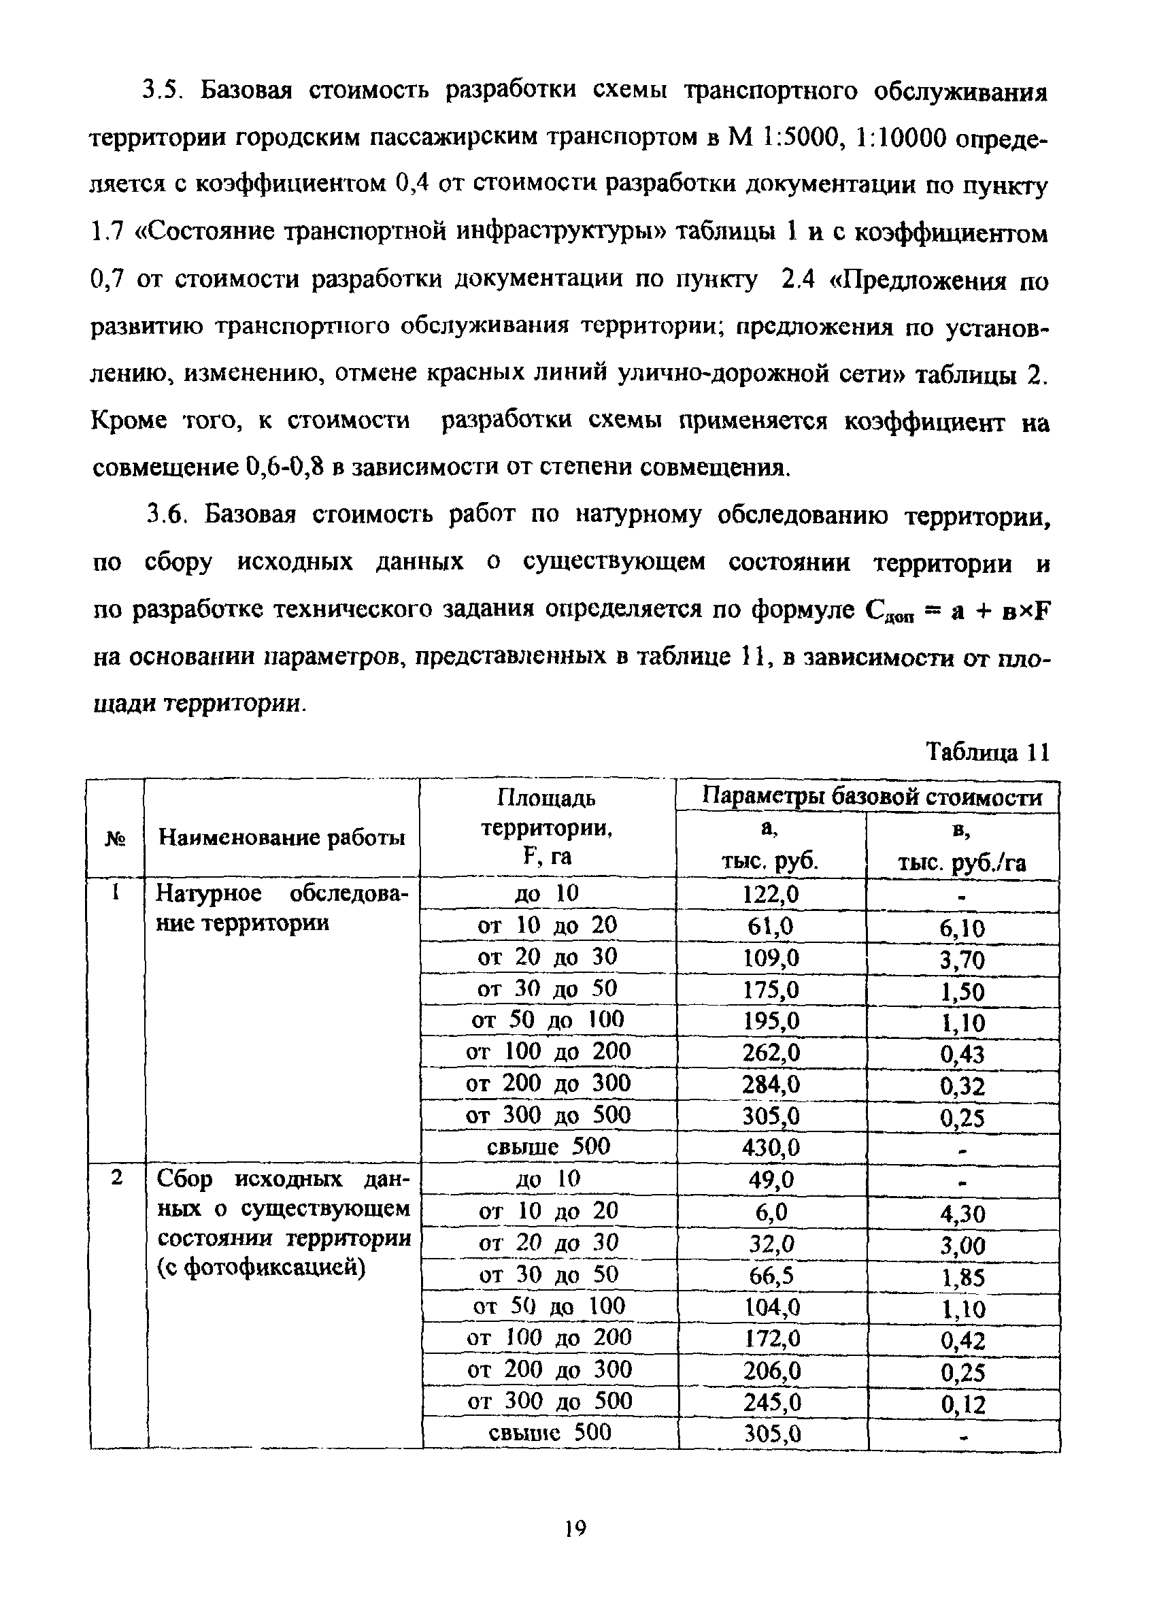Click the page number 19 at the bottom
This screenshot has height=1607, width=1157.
576,1527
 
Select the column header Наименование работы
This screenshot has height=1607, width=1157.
282,838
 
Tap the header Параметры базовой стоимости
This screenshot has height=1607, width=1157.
871,797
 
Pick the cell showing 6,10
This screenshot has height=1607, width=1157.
962,928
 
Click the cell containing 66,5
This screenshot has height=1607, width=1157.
770,1276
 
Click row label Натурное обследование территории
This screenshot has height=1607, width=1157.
282,908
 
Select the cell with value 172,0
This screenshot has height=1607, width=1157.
770,1338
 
